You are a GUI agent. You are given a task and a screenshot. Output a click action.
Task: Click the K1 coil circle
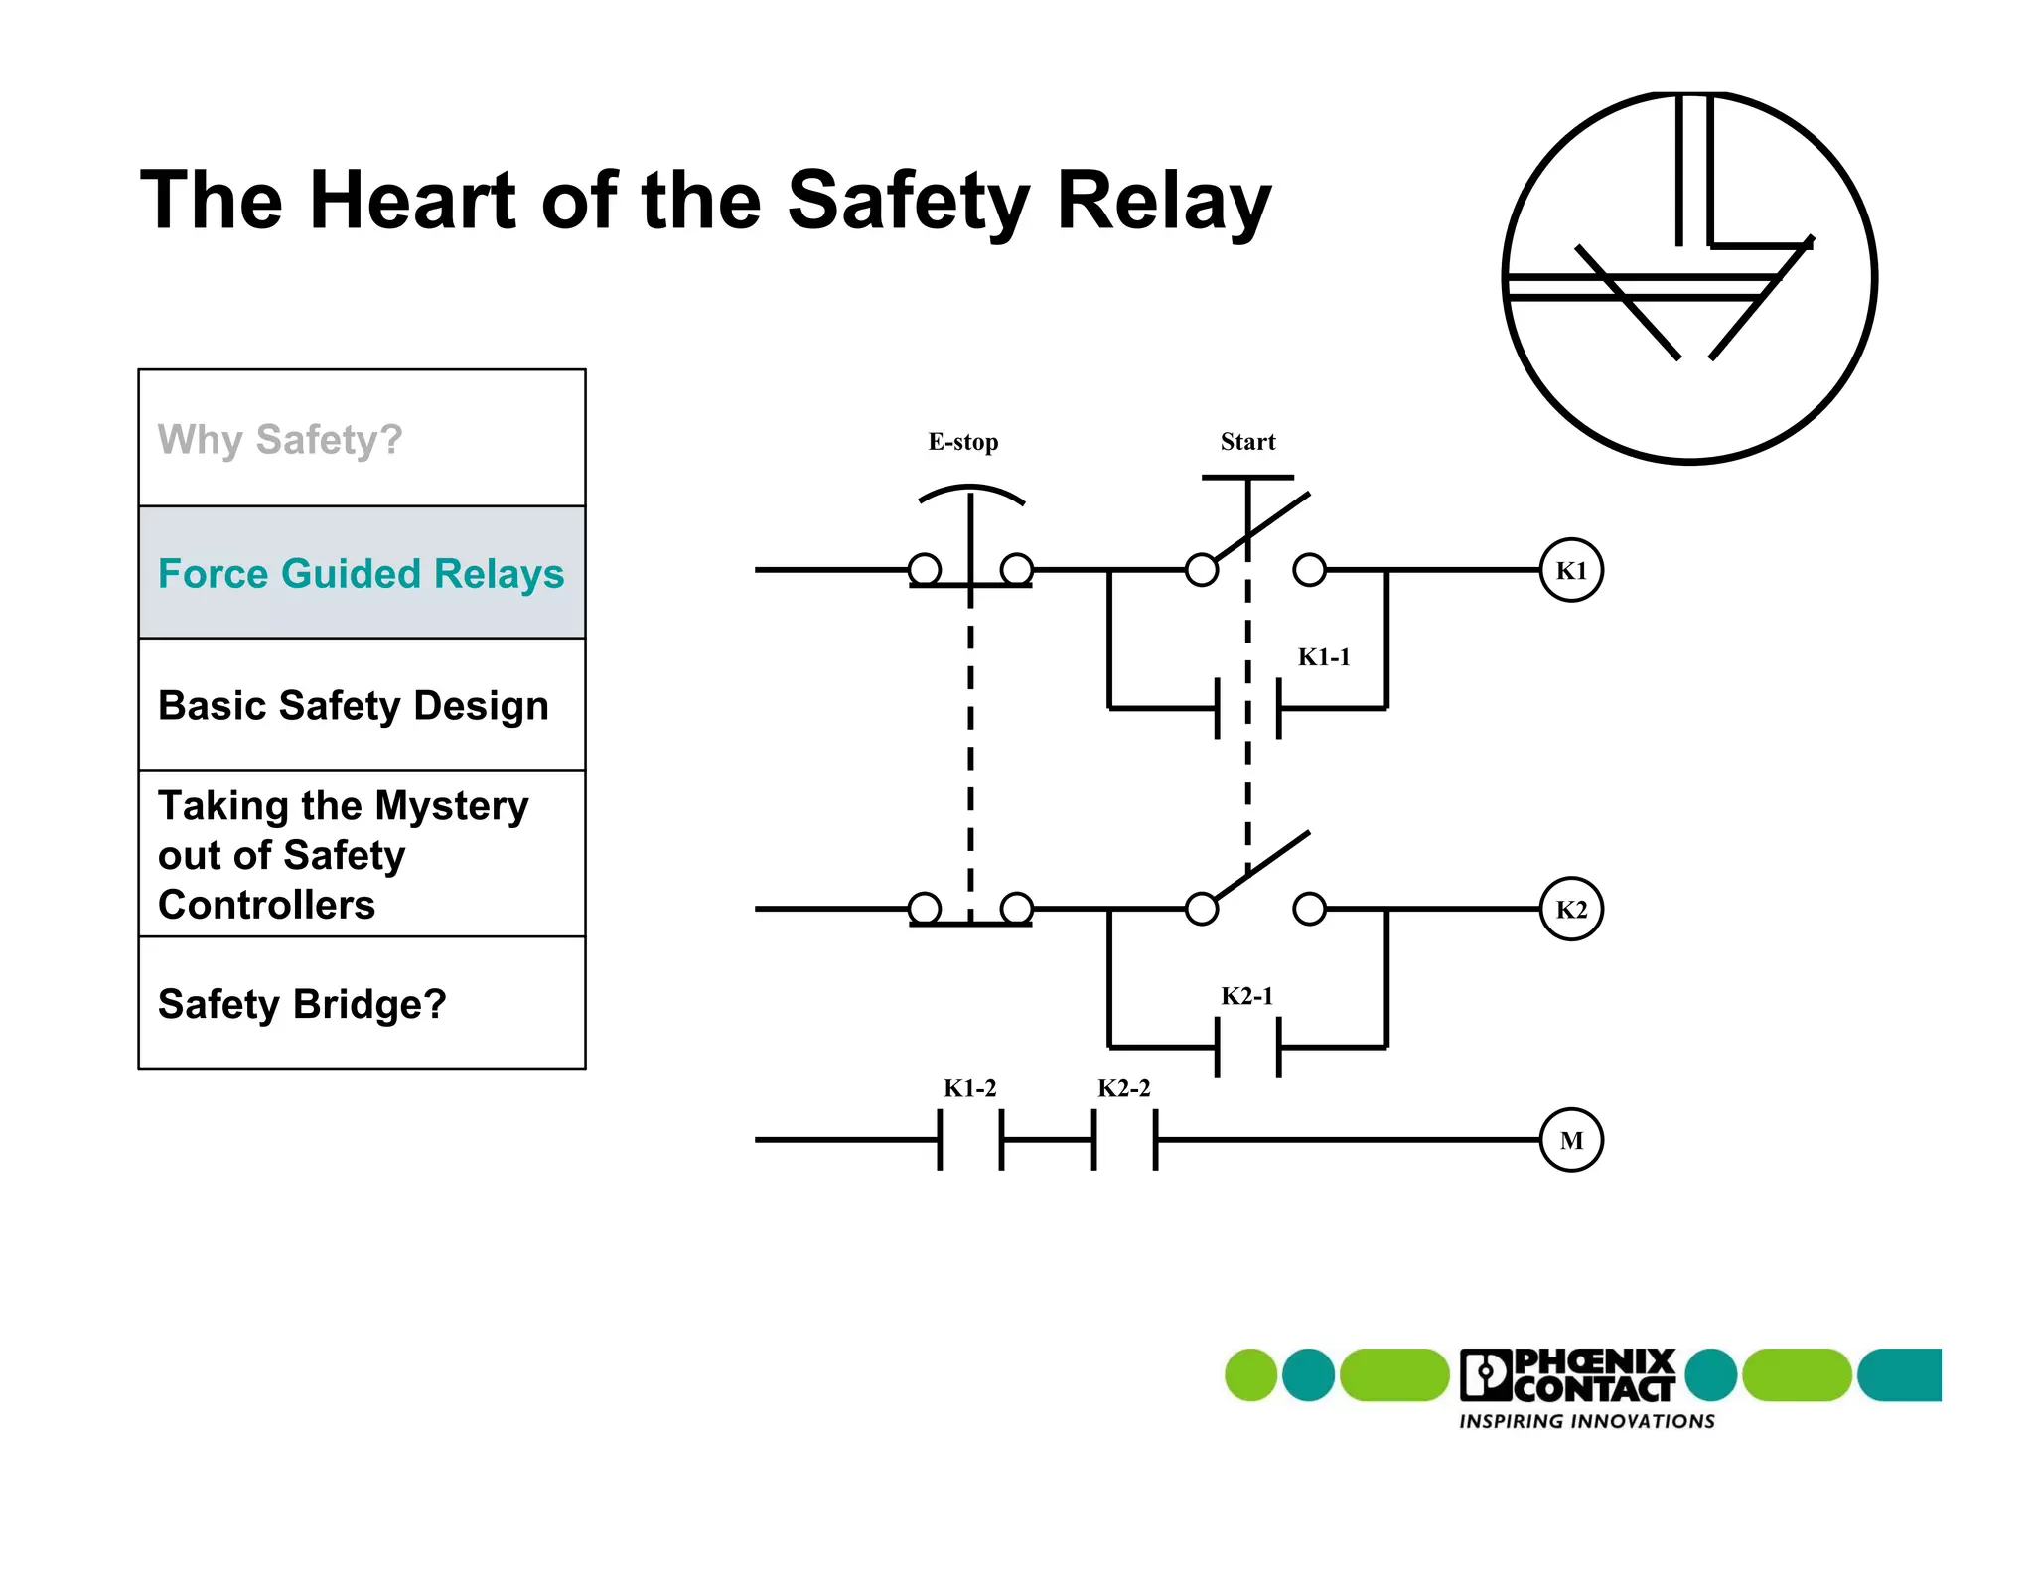(x=1570, y=570)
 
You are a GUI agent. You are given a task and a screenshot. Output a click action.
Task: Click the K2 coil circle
(x=1570, y=909)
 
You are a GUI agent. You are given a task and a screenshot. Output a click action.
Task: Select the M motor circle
(x=1570, y=1140)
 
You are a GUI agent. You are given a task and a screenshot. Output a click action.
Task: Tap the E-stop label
(x=962, y=442)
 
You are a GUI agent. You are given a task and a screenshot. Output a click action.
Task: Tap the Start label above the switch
(x=1247, y=442)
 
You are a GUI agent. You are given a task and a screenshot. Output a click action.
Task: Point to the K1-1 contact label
(x=1324, y=657)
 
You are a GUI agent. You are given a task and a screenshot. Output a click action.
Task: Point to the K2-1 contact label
(x=1246, y=996)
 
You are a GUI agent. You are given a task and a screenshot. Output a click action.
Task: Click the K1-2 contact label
(x=969, y=1088)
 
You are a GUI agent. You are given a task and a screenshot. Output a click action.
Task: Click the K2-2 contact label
(x=1123, y=1088)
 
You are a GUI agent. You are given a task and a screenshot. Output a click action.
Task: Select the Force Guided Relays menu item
(x=362, y=573)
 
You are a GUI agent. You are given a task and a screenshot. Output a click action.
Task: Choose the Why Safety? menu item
(x=280, y=439)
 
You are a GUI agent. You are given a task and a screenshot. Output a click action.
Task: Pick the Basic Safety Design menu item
(x=354, y=705)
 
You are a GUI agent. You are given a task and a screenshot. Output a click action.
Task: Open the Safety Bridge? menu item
(x=302, y=1004)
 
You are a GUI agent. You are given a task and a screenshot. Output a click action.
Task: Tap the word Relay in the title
(x=1163, y=201)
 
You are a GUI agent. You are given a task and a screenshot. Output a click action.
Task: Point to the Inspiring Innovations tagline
(x=1586, y=1421)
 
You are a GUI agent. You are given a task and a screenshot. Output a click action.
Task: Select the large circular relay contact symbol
(x=1689, y=277)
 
